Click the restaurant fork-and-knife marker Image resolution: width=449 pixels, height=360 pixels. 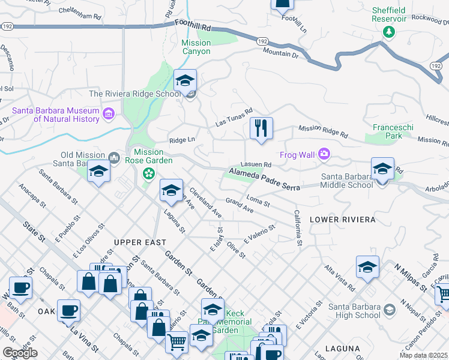[x=261, y=128]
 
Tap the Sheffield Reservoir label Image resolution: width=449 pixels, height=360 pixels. [x=389, y=14]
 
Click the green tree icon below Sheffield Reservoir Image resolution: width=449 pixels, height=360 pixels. [x=389, y=31]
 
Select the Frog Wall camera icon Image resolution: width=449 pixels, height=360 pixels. [x=324, y=154]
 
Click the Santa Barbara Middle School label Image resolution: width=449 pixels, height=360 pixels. [x=347, y=181]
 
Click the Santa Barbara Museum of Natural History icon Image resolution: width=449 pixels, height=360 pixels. [x=109, y=113]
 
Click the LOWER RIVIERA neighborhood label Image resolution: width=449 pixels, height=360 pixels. [x=342, y=220]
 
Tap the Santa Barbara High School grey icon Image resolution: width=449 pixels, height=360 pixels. [x=390, y=310]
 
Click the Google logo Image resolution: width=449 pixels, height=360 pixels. [x=19, y=352]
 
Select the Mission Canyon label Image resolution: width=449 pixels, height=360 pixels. [x=196, y=47]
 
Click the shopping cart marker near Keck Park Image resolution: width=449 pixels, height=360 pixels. [x=176, y=341]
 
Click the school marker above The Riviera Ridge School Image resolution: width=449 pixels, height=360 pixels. [x=185, y=80]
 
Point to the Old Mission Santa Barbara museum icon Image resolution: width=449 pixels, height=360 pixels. [x=114, y=158]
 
